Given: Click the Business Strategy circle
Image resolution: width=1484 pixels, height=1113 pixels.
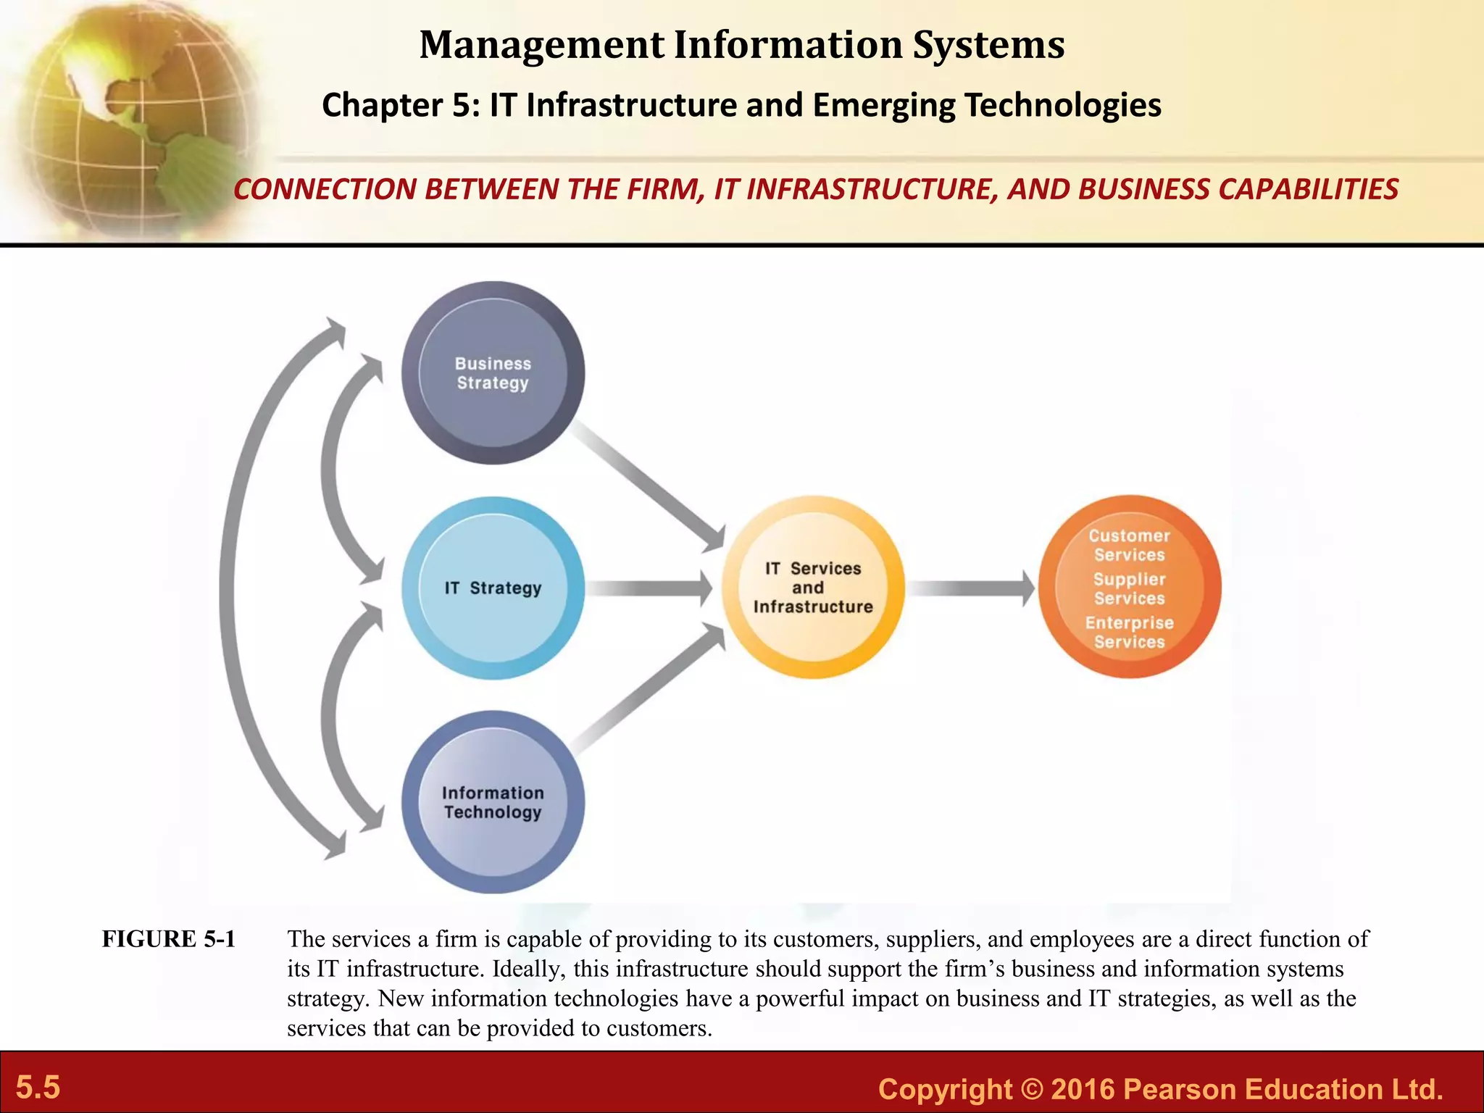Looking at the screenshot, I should tap(493, 373).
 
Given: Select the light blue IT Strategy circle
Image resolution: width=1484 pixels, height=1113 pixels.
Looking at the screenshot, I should tap(493, 588).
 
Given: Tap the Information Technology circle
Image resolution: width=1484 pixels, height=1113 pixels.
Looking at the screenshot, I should tap(493, 802).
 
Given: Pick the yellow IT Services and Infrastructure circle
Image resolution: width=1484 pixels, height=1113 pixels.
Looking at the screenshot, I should tap(812, 588).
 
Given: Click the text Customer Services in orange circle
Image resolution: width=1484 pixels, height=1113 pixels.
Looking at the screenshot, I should tap(1129, 546).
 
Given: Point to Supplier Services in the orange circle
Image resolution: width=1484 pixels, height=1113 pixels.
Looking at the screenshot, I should tap(1129, 589).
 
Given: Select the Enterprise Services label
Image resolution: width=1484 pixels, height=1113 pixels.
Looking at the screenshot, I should tap(1129, 633).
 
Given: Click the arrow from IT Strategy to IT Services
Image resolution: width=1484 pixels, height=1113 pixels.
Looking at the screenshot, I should tap(649, 588).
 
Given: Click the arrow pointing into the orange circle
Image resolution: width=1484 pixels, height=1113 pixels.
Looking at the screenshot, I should tap(971, 588).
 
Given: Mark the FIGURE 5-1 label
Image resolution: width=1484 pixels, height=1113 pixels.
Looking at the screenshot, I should tap(169, 939).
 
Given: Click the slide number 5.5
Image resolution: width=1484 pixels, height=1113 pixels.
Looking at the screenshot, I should tap(38, 1088).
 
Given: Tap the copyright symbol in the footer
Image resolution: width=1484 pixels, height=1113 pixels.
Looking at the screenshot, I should tap(1031, 1090).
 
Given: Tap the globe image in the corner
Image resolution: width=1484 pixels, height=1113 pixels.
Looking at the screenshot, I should tap(130, 116).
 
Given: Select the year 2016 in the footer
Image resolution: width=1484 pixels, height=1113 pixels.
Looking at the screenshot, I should tap(1083, 1090).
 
